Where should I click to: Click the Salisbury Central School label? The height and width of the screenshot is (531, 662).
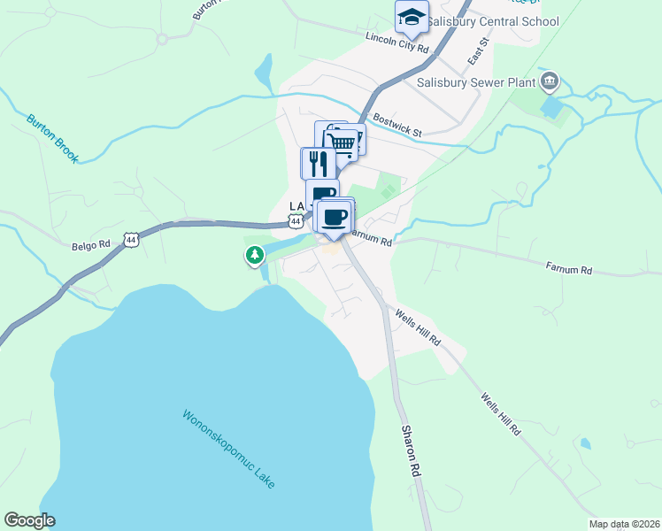[x=493, y=21]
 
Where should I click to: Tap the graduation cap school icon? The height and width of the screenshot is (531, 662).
[x=412, y=17]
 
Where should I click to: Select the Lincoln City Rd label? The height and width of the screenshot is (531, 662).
[x=397, y=43]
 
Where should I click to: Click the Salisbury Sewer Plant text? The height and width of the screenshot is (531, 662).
[x=477, y=83]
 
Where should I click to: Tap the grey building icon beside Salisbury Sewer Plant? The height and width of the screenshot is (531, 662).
[x=550, y=82]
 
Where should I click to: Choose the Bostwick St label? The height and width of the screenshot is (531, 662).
[x=398, y=124]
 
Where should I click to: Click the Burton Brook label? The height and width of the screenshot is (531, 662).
[x=52, y=137]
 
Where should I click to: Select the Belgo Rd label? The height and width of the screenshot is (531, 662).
[x=90, y=246]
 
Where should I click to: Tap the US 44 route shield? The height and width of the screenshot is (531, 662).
[x=131, y=239]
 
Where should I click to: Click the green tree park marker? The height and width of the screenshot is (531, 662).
[x=255, y=256]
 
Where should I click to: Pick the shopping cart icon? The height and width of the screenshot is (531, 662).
[x=343, y=142]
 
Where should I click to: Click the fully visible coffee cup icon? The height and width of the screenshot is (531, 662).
[x=335, y=217]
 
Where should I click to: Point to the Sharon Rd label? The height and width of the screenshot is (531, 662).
[x=409, y=450]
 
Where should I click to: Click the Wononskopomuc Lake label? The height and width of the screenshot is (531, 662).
[x=229, y=449]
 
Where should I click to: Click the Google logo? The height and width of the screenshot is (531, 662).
[x=29, y=520]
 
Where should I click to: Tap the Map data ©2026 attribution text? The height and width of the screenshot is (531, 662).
[x=624, y=524]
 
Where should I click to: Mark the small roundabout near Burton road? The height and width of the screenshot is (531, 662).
[x=162, y=38]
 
